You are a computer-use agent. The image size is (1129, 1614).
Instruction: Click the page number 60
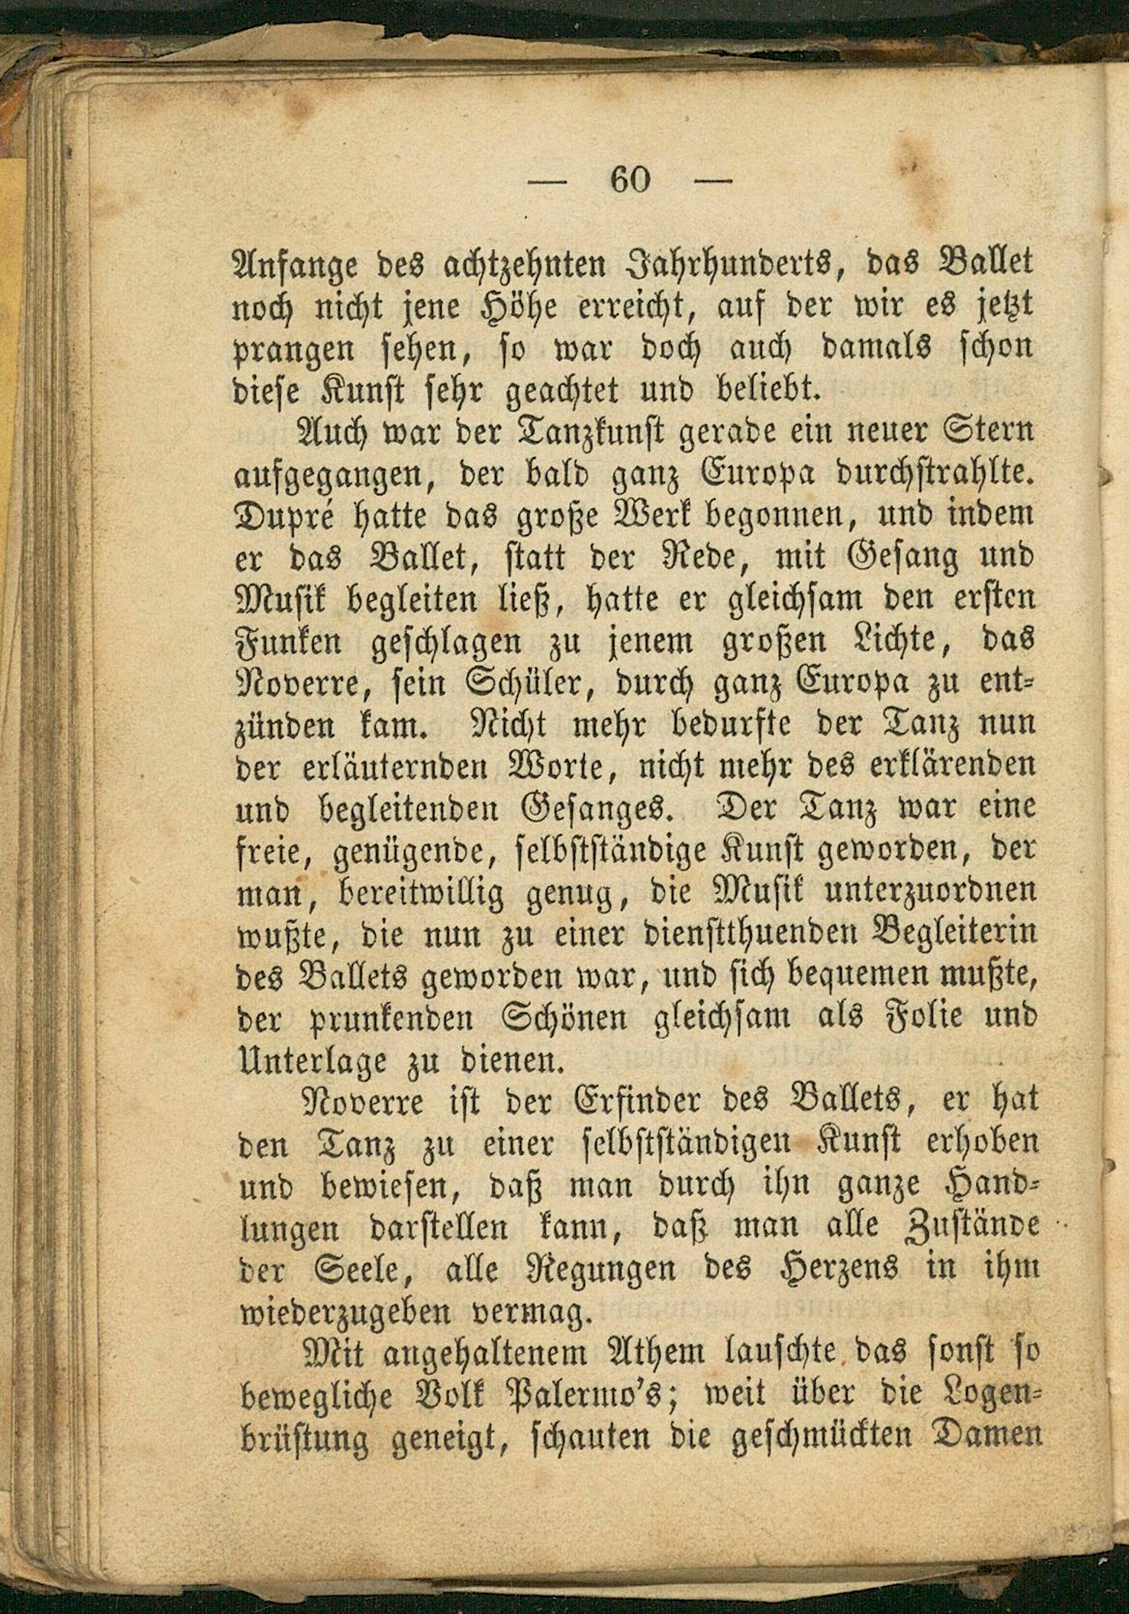pyautogui.click(x=632, y=180)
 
